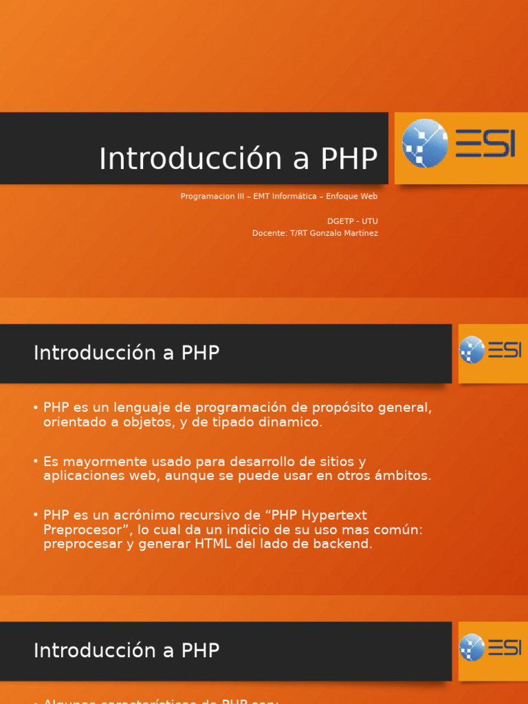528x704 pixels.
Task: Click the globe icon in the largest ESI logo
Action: click(425, 144)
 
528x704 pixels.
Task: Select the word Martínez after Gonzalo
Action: click(361, 233)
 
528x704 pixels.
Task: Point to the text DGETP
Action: click(341, 221)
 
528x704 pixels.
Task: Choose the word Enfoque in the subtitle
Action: click(342, 197)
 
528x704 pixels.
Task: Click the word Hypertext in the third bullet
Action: click(335, 515)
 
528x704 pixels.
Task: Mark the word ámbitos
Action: click(401, 476)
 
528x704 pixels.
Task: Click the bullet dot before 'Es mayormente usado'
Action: click(35, 461)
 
